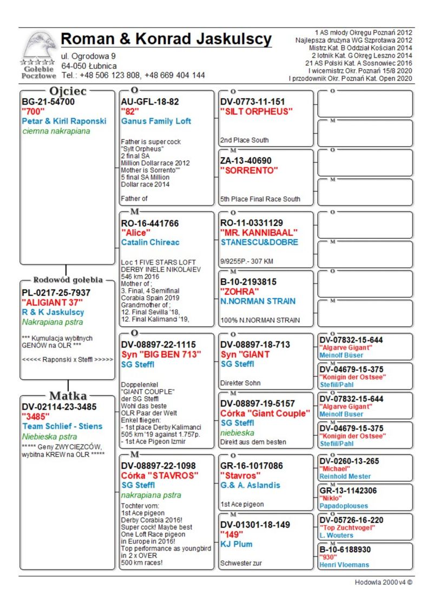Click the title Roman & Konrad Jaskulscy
(166, 39)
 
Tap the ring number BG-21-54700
(48, 101)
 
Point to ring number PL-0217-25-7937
(56, 293)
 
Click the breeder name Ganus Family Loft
(156, 121)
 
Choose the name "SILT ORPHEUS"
(257, 111)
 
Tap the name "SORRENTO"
(250, 170)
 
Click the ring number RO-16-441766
(150, 223)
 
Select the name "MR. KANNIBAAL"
(259, 233)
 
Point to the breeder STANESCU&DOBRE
(259, 242)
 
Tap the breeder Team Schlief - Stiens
(62, 426)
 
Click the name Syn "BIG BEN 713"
(161, 354)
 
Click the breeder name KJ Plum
(237, 544)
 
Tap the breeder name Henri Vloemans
(344, 565)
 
